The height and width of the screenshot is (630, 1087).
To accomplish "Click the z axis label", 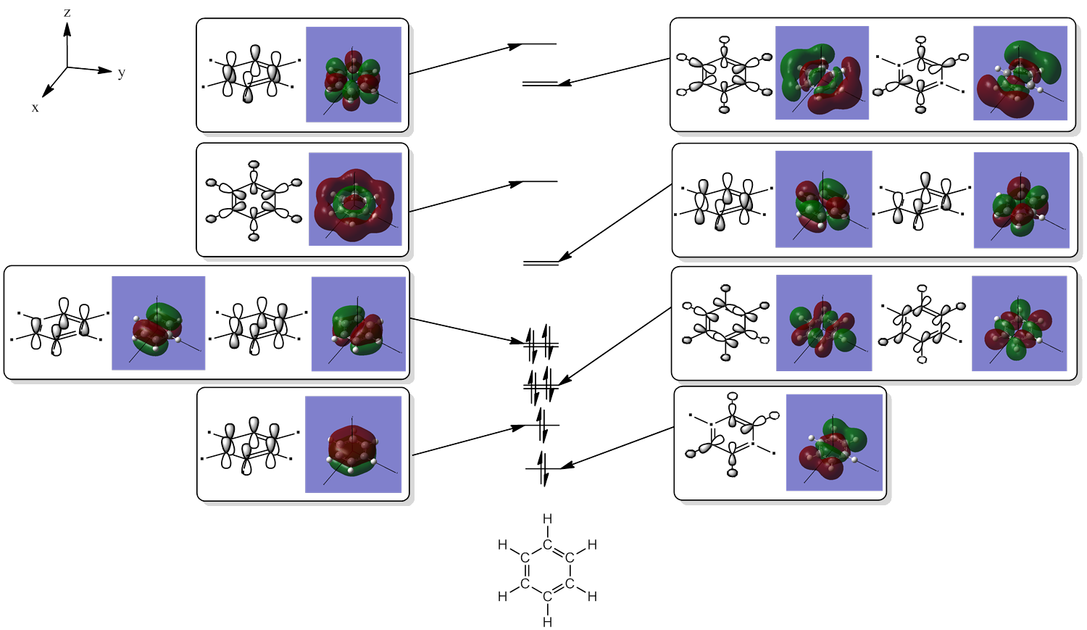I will click(x=67, y=13).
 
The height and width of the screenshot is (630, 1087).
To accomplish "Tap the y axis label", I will click(x=122, y=72).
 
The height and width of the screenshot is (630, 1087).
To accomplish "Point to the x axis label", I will click(x=35, y=108).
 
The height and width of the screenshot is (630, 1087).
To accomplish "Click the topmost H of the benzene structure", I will click(x=547, y=519).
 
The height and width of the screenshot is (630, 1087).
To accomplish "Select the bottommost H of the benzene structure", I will click(x=547, y=622).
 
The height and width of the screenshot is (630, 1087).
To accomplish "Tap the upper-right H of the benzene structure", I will click(x=592, y=544).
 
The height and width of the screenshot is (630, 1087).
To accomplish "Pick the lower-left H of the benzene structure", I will click(x=502, y=596).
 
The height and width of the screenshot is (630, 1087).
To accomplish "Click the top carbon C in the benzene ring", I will click(x=547, y=544).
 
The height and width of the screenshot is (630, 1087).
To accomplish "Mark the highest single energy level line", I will click(x=539, y=44).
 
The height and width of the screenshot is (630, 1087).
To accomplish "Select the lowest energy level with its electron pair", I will click(x=542, y=469).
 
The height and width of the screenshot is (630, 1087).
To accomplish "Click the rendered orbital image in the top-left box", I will click(x=354, y=74).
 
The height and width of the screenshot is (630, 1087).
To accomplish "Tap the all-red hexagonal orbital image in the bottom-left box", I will click(x=353, y=444).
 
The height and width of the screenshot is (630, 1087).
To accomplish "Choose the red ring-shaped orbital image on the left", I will click(x=355, y=199).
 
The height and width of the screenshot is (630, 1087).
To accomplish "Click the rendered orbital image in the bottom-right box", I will click(x=834, y=442).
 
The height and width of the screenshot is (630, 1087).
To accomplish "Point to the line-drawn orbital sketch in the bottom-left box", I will click(x=250, y=444).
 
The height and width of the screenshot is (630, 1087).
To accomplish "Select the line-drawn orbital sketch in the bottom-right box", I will click(x=732, y=435).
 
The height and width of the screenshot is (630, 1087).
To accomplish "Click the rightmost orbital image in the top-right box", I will click(x=1020, y=73).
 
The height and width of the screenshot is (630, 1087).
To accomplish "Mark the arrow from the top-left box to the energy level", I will click(x=464, y=59).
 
